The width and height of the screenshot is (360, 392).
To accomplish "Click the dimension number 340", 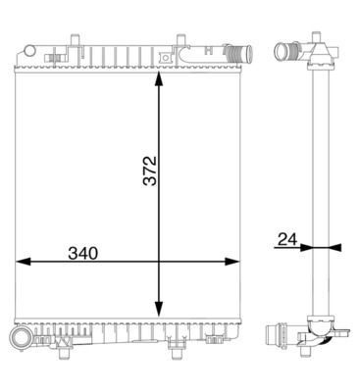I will tap(81, 252).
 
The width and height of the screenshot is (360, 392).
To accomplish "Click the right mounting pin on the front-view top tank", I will tap(180, 43).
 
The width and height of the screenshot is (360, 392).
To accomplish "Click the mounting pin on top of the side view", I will tap(318, 38).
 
